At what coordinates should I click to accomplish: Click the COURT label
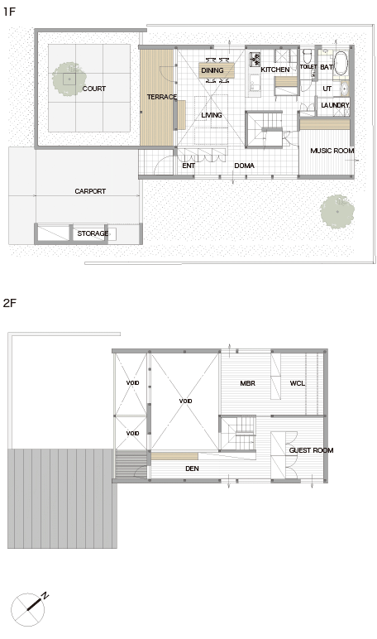pyautogui.click(x=94, y=89)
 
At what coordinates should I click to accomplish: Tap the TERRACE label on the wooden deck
pyautogui.click(x=162, y=97)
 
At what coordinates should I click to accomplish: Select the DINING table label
pyautogui.click(x=212, y=70)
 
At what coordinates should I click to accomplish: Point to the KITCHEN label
pyautogui.click(x=275, y=70)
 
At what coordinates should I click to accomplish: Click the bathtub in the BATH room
pyautogui.click(x=341, y=63)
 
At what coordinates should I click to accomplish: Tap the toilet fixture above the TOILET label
pyautogui.click(x=307, y=55)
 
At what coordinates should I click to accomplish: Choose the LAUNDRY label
pyautogui.click(x=335, y=105)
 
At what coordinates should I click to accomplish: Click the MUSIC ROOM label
pyautogui.click(x=332, y=151)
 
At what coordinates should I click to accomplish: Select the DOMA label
pyautogui.click(x=244, y=166)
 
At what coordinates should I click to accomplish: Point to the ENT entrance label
pyautogui.click(x=188, y=166)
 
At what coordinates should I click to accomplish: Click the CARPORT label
pyautogui.click(x=90, y=191)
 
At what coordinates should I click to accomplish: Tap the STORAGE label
pyautogui.click(x=93, y=233)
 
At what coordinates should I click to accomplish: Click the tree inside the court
pyautogui.click(x=69, y=79)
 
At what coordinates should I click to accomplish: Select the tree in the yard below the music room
pyautogui.click(x=336, y=212)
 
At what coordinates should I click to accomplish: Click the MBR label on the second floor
pyautogui.click(x=247, y=383)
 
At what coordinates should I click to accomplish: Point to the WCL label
pyautogui.click(x=297, y=383)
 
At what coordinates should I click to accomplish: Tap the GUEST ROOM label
pyautogui.click(x=311, y=450)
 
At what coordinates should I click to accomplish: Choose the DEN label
pyautogui.click(x=192, y=468)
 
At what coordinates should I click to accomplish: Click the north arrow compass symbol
pyautogui.click(x=28, y=609)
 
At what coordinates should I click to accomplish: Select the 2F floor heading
pyautogui.click(x=9, y=303)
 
